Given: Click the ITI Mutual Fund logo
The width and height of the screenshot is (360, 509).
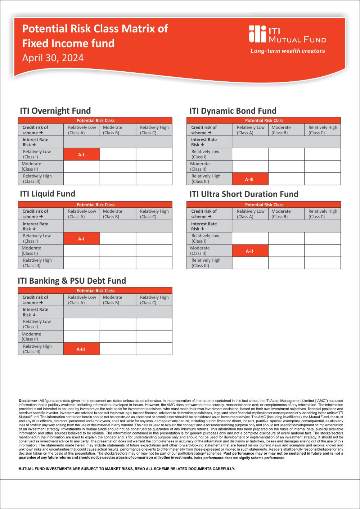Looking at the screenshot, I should pyautogui.click(x=287, y=35).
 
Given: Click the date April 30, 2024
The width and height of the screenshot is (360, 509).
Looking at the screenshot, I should pyautogui.click(x=53, y=58).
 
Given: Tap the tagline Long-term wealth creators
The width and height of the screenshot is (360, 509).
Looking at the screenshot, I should pyautogui.click(x=288, y=51).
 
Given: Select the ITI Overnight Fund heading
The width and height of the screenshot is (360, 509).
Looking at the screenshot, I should pyautogui.click(x=55, y=111).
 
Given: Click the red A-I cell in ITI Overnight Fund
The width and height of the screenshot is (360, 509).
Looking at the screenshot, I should pyautogui.click(x=81, y=154).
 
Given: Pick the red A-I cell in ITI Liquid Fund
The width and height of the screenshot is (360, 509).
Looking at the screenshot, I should pyautogui.click(x=81, y=239).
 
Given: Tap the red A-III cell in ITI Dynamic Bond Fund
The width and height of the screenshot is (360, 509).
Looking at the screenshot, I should pyautogui.click(x=249, y=179).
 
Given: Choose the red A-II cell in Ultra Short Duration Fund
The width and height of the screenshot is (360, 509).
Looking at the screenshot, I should pyautogui.click(x=249, y=251).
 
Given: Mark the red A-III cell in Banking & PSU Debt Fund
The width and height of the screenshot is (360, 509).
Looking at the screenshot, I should pyautogui.click(x=81, y=349).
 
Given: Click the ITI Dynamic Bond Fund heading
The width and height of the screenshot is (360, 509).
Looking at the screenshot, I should pyautogui.click(x=233, y=111).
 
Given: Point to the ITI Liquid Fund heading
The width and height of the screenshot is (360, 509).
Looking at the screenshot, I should pyautogui.click(x=48, y=194).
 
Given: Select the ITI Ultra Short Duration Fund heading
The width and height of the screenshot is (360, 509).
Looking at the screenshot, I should pyautogui.click(x=244, y=194).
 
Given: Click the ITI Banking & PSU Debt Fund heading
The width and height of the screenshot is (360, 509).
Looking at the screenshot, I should pyautogui.click(x=72, y=281).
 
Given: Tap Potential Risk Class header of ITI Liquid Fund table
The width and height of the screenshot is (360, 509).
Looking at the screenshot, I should pyautogui.click(x=95, y=204).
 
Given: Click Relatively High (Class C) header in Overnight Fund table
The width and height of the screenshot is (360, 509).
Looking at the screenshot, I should pyautogui.click(x=154, y=130).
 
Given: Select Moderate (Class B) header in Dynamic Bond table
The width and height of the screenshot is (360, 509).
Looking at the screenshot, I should pyautogui.click(x=281, y=130).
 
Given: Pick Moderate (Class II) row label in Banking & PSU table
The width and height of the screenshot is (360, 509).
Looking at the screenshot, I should pyautogui.click(x=31, y=337).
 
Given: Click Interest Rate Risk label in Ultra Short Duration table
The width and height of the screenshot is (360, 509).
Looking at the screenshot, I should pyautogui.click(x=204, y=226).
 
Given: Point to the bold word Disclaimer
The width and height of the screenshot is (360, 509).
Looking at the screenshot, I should pyautogui.click(x=28, y=401).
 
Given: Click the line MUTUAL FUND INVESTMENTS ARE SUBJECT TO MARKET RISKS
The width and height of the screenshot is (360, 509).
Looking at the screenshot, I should pyautogui.click(x=126, y=469).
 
